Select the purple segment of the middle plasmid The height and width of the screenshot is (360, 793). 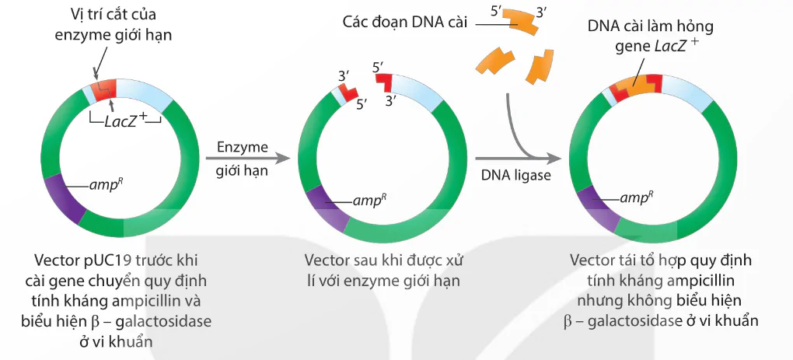322,207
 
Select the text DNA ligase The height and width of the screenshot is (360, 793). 515,176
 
